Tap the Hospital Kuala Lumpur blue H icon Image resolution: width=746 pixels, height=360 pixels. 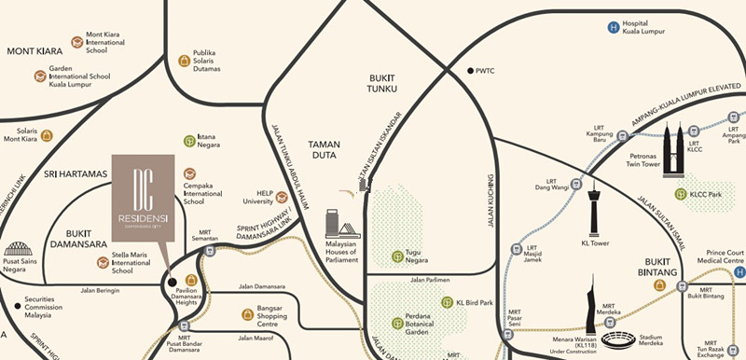[x=613, y=28]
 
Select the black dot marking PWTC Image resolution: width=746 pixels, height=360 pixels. [x=471, y=71]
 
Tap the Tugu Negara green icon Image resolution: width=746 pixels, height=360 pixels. [x=398, y=256]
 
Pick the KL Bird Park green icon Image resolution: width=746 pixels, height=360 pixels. [x=447, y=302]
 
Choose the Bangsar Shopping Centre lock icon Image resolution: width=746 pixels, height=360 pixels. [x=247, y=314]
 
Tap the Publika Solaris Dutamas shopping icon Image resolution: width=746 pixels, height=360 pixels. [x=184, y=62]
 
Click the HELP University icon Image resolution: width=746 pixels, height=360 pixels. [x=282, y=198]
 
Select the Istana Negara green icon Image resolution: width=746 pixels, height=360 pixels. [x=189, y=142]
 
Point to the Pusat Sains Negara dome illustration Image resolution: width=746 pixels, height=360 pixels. [x=18, y=249]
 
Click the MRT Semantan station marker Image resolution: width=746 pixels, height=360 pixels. [x=211, y=250]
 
